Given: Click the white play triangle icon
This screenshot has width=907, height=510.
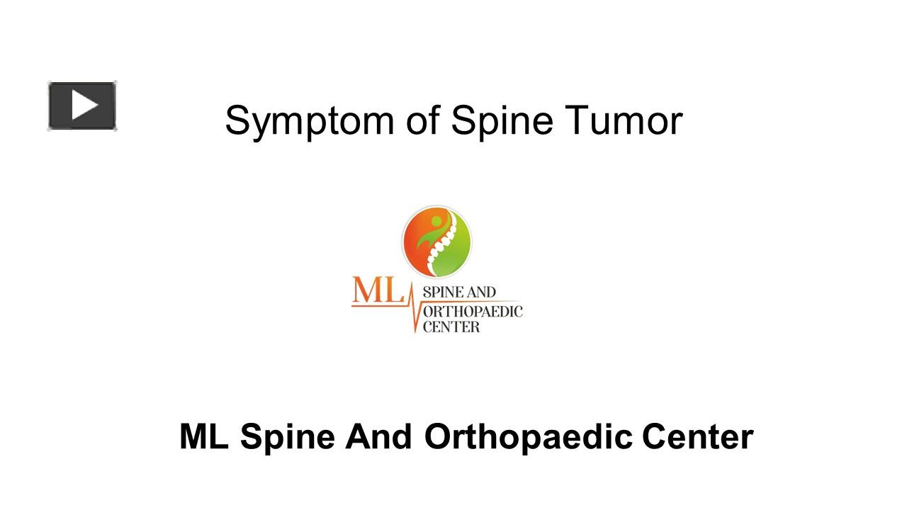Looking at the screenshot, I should point(84,106).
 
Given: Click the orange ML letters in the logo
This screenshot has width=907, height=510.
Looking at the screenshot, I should point(376,290).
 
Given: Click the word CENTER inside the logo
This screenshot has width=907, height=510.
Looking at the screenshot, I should point(451,327).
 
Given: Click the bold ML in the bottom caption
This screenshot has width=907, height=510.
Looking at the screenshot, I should point(203,437).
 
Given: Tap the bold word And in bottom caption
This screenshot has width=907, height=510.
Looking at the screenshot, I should point(378,437).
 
